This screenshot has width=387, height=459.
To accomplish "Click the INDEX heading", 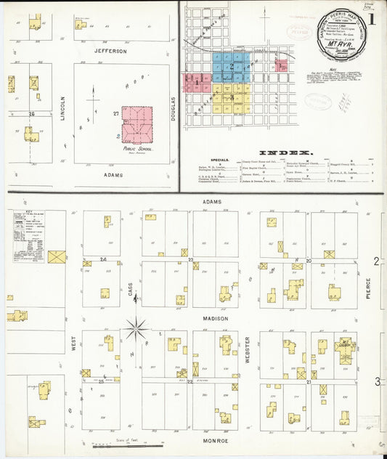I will click(285, 153).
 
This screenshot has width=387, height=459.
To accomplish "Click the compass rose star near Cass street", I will click(135, 329).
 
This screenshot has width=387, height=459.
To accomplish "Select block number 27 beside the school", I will click(115, 113).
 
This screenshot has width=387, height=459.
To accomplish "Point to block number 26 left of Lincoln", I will click(31, 114).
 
